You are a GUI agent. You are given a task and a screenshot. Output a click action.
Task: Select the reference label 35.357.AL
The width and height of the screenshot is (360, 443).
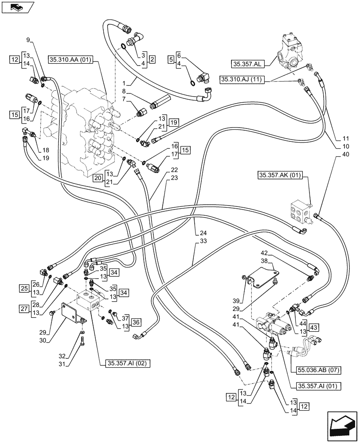[247, 64]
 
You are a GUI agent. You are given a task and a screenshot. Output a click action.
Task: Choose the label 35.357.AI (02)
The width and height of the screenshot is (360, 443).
[128, 364]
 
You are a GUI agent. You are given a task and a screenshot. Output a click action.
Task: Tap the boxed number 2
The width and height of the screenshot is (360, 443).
[152, 59]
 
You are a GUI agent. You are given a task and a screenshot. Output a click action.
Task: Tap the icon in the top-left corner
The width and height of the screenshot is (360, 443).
[18, 7]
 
